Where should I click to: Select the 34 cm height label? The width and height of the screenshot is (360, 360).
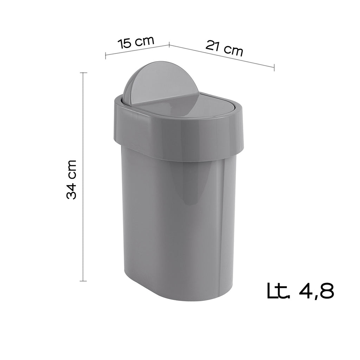tap(72, 180)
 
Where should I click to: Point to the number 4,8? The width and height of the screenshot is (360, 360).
tap(315, 291)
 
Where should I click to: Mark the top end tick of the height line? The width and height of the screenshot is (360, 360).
tap(83, 73)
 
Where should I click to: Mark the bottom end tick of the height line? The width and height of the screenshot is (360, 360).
tap(83, 281)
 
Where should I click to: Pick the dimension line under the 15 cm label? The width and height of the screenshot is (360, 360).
tap(137, 50)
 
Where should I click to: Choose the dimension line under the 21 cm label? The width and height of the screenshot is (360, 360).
tap(221, 56)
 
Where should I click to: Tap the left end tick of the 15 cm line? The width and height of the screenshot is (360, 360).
tap(106, 56)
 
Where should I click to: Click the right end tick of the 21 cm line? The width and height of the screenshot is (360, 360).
tap(274, 67)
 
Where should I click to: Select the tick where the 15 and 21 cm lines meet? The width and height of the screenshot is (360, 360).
tap(169, 44)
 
